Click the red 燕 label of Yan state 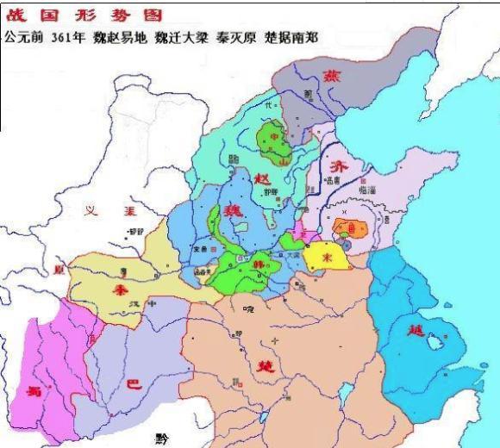click(x=331, y=77)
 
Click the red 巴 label click(x=134, y=387)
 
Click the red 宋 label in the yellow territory click(x=327, y=256)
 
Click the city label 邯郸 click(x=271, y=193)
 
